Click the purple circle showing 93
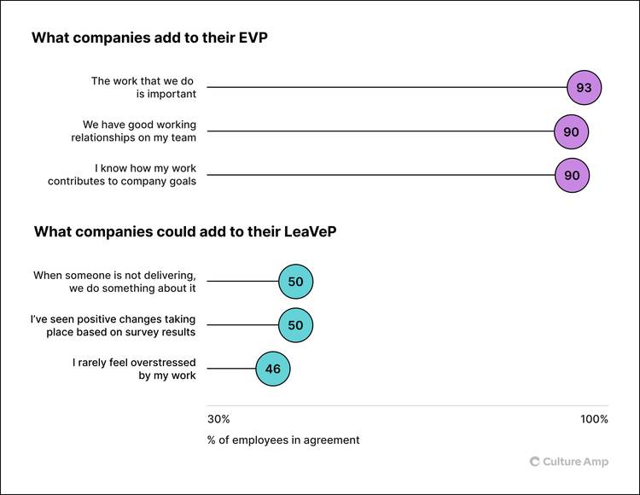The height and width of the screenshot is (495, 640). [x=585, y=88]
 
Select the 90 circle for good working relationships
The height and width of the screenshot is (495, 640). [x=572, y=131]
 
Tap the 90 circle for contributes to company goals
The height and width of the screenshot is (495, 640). [x=572, y=175]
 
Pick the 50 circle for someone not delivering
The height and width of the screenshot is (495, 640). [x=296, y=282]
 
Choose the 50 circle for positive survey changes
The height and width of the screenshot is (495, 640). [x=296, y=325]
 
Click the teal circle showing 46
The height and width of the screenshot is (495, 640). [x=273, y=369]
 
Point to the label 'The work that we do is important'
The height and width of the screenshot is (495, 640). [x=143, y=88]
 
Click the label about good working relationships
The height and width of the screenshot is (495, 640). [x=133, y=131]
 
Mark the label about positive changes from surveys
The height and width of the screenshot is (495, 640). [x=113, y=325]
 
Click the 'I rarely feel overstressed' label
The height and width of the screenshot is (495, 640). [x=134, y=369]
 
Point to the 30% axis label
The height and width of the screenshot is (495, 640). [x=218, y=419]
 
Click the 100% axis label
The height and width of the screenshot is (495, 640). [x=594, y=419]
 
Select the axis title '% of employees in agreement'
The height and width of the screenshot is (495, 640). [x=283, y=440]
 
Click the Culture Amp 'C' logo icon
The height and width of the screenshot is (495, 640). [x=535, y=462]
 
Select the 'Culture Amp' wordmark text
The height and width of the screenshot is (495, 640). [x=576, y=462]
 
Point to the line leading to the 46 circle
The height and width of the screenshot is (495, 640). [x=231, y=369]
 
